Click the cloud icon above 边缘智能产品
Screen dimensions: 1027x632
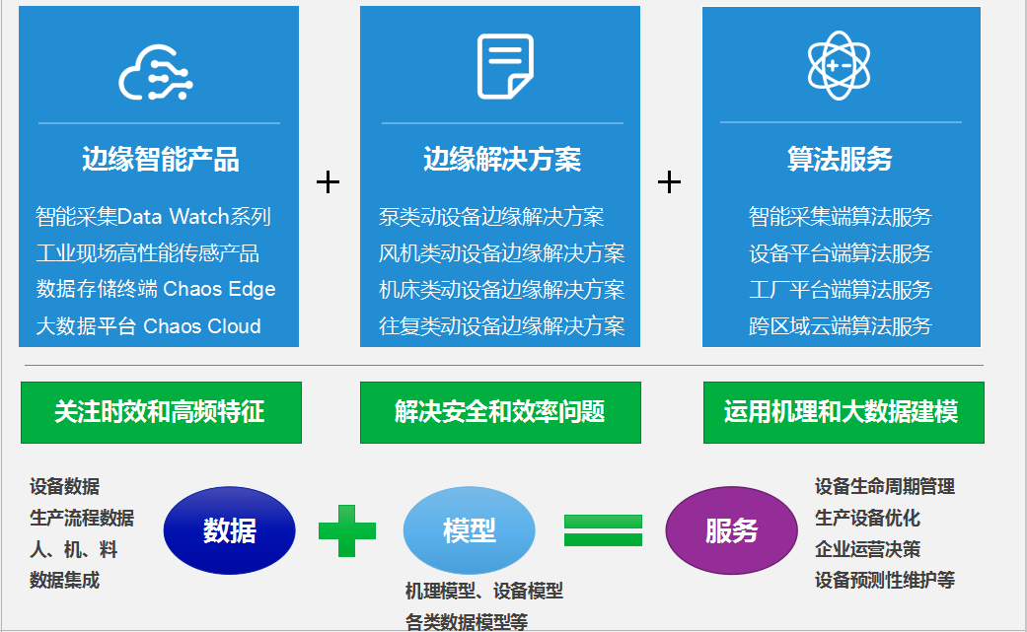click(156, 73)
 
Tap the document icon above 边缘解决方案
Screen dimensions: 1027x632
click(505, 66)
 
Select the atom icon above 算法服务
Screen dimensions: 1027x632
click(839, 65)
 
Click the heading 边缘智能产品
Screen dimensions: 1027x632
click(161, 159)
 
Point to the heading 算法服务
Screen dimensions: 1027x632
click(840, 159)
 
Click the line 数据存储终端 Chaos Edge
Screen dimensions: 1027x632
click(156, 289)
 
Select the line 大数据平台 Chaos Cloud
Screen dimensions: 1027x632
click(148, 325)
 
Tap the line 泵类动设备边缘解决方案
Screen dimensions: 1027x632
click(491, 217)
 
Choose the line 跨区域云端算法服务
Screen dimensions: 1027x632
click(841, 325)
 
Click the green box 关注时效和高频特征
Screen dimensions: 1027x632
click(161, 412)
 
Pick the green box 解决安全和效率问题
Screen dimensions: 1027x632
click(500, 412)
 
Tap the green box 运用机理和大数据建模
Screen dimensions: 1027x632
click(844, 412)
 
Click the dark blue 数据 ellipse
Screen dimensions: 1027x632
click(229, 530)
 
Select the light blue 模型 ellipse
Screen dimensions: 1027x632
click(469, 530)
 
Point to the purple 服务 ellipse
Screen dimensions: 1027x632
click(732, 530)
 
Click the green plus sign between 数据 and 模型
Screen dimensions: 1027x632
click(347, 530)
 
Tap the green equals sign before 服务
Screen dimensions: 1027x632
click(603, 530)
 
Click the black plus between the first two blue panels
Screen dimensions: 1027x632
click(329, 181)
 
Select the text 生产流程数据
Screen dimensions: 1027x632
click(82, 519)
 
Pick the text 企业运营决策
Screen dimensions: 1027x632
click(868, 549)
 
